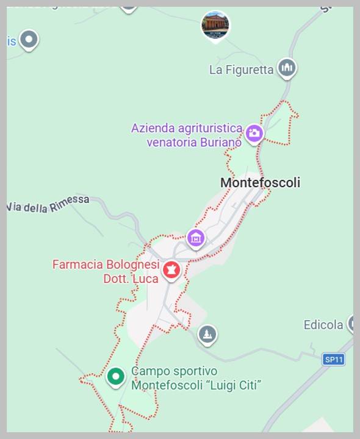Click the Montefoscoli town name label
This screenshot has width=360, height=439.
pos(260,182)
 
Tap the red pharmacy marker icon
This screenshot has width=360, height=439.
pos(171,269)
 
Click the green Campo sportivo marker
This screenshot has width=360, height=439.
pos(115,376)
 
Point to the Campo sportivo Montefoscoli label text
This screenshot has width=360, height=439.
pos(196,378)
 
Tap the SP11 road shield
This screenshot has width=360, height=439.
pos(334,360)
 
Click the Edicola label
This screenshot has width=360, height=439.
pos(323,325)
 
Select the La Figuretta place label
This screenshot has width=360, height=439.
pos(241,70)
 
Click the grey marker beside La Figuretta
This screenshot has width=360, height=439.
pos(287,67)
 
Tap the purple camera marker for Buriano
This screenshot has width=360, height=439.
pos(254,132)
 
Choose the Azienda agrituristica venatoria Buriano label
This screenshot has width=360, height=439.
pos(187,135)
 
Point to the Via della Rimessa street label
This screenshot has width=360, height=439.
pos(48,205)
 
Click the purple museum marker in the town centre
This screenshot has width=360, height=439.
pos(195,238)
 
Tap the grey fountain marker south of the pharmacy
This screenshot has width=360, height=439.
pos(207,334)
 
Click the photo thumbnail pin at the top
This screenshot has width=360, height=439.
pos(215,26)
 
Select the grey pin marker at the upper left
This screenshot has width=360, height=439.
pos(29,40)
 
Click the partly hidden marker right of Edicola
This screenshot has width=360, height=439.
pos(352,324)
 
